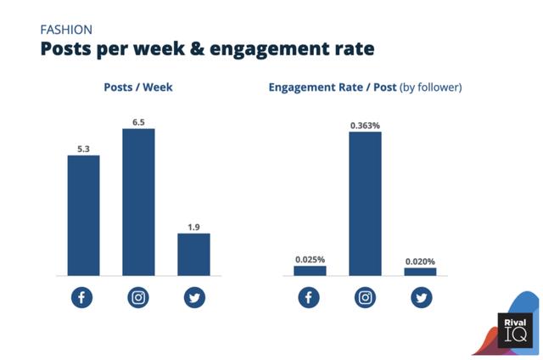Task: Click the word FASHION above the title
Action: (67, 29)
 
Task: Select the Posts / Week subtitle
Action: (138, 87)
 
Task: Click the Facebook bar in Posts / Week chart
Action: (83, 216)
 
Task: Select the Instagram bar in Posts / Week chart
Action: (138, 202)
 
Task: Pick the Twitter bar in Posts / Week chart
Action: (193, 255)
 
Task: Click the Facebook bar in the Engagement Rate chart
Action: (310, 271)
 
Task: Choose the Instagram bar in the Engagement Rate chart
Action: (365, 204)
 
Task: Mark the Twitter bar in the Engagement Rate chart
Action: (420, 272)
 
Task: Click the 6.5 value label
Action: (138, 121)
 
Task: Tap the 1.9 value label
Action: (193, 226)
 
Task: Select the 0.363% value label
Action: (365, 125)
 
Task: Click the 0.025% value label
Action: (310, 259)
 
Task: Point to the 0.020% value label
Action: (420, 261)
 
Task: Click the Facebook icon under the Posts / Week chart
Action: (82, 298)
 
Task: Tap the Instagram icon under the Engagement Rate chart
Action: (365, 298)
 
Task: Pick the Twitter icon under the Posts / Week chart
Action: (193, 298)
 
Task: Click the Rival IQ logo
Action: (514, 329)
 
